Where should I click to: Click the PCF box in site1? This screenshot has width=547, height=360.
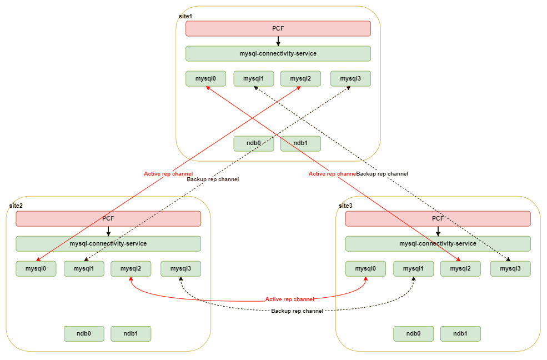pyautogui.click(x=278, y=28)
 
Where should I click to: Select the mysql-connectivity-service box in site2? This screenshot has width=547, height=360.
pyautogui.click(x=108, y=244)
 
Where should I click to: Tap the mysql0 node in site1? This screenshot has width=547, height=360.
pyautogui.click(x=205, y=79)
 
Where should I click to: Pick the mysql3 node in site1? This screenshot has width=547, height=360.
pyautogui.click(x=350, y=79)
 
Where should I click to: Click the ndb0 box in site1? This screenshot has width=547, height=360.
pyautogui.click(x=254, y=143)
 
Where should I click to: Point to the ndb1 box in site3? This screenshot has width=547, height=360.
pyautogui.click(x=460, y=334)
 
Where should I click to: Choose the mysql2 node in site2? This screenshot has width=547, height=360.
pyautogui.click(x=131, y=269)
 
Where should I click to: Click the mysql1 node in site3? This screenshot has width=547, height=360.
pyautogui.click(x=414, y=269)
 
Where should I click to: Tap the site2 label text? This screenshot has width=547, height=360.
pyautogui.click(x=16, y=206)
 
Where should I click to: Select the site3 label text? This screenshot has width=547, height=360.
pyautogui.click(x=345, y=206)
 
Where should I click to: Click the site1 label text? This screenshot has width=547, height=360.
pyautogui.click(x=185, y=17)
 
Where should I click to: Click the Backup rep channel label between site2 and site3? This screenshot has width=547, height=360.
pyautogui.click(x=297, y=311)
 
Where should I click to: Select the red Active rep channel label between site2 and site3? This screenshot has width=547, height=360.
pyautogui.click(x=289, y=299)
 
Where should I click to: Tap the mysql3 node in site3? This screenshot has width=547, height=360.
pyautogui.click(x=510, y=269)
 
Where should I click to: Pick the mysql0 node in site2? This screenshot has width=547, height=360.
pyautogui.click(x=36, y=269)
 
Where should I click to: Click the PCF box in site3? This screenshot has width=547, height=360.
pyautogui.click(x=438, y=219)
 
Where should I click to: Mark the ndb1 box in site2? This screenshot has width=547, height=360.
pyautogui.click(x=131, y=334)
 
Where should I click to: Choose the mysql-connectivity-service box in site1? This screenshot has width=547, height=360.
pyautogui.click(x=278, y=54)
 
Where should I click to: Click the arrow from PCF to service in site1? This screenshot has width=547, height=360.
pyautogui.click(x=278, y=41)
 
